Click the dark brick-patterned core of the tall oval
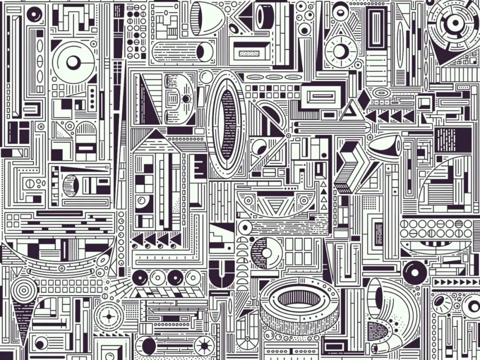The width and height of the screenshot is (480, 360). (228, 124)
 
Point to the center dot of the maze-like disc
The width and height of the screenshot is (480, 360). (455, 23)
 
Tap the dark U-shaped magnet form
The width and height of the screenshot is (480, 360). (221, 272)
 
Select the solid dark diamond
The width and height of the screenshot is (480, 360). (364, 99)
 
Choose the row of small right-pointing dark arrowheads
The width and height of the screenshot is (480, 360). (449, 282)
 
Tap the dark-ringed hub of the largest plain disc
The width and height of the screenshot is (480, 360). (73, 62)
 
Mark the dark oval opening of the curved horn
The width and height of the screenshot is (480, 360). (378, 298)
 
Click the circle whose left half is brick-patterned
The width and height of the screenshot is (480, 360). (266, 253)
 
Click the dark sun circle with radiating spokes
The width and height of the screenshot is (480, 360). (204, 345)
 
